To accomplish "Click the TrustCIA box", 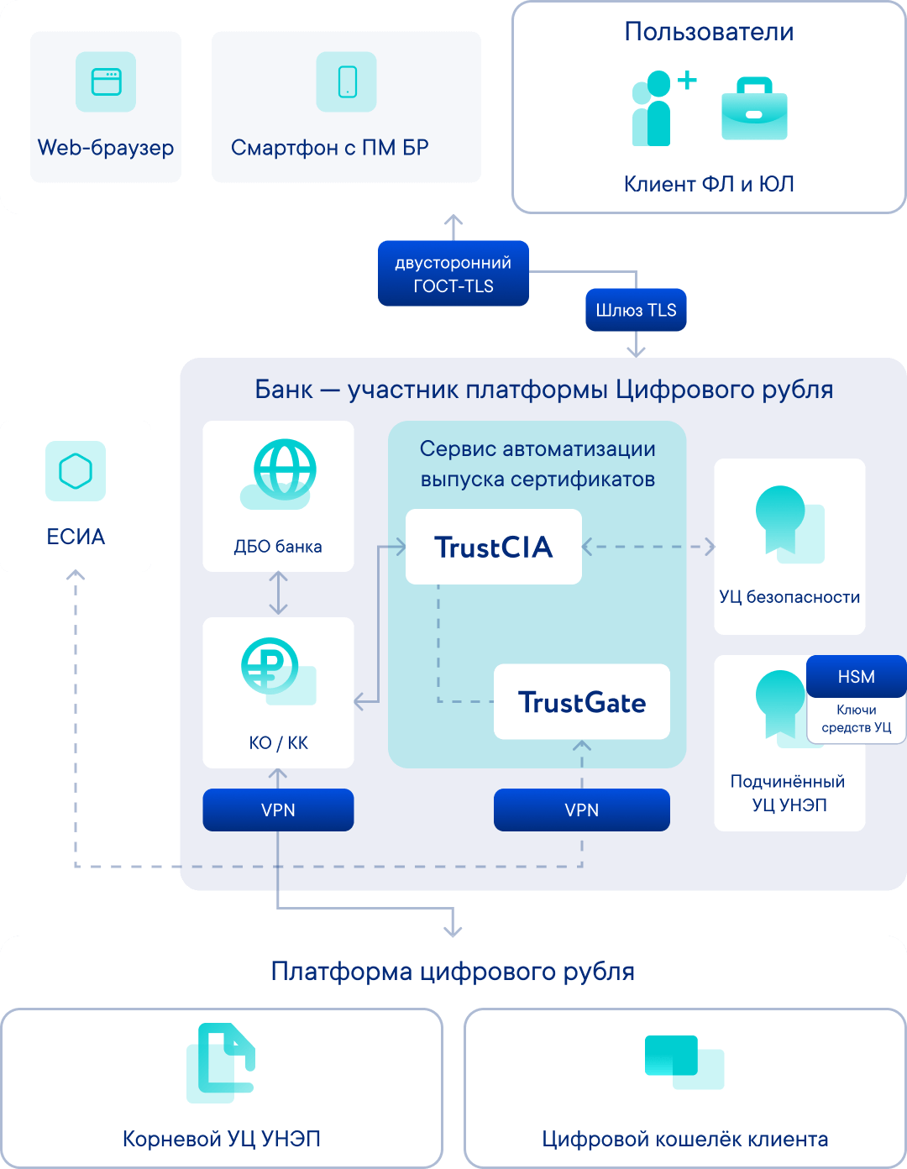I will [493, 547].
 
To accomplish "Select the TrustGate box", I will [581, 702].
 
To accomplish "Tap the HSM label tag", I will [856, 677].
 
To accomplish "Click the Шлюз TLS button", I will [636, 310].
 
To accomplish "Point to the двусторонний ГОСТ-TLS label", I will [453, 274].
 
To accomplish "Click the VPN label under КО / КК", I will [278, 810].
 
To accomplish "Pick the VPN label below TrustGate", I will [581, 810].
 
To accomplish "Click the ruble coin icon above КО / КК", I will [270, 667].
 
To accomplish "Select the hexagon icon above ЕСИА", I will [76, 471].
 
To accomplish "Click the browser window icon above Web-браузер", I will [106, 82].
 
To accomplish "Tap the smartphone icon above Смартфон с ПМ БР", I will [347, 82].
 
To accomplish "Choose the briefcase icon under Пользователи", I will [754, 109].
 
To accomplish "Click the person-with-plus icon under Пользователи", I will [660, 108].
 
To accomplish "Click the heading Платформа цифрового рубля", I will [453, 972].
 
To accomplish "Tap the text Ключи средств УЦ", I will [856, 719].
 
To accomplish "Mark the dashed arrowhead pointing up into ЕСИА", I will [76, 575].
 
